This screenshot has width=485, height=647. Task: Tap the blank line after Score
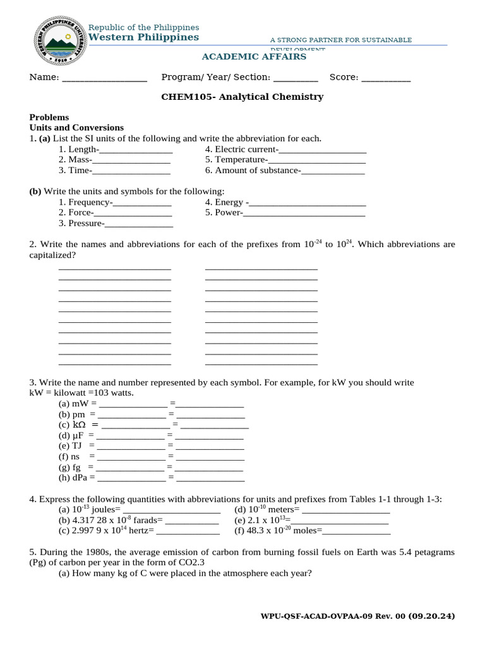coord(386,78)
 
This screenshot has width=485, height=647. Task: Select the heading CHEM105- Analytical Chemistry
coord(242,97)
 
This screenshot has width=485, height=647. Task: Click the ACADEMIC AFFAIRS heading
coord(254,57)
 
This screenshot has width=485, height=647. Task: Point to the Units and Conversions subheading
coord(77,128)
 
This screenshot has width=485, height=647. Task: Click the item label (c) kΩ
coord(72,425)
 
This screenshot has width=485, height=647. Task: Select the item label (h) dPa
coord(73,478)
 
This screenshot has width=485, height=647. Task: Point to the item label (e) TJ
coord(70,445)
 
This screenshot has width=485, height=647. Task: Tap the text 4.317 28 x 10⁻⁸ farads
coord(116,520)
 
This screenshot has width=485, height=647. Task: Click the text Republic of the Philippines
coord(143,27)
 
